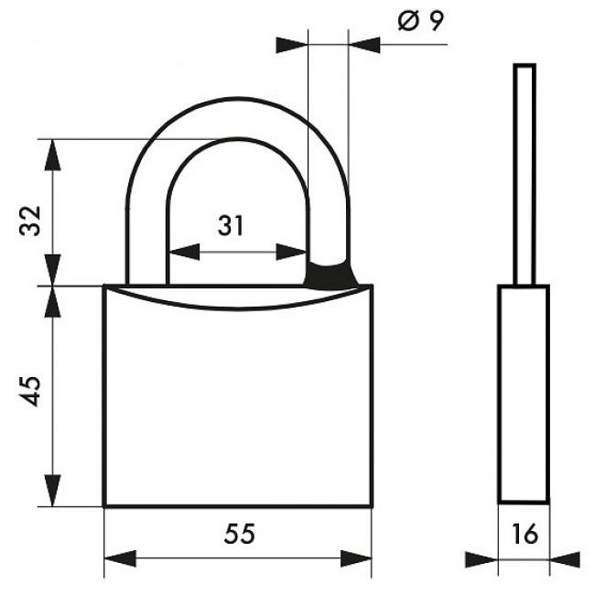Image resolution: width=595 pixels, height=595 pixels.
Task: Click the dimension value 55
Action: pyautogui.click(x=240, y=534)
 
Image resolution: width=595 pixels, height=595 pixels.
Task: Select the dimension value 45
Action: pyautogui.click(x=30, y=392)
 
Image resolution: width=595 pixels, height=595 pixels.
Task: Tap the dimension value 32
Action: pyautogui.click(x=30, y=221)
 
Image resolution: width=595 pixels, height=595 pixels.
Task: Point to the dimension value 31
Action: pyautogui.click(x=231, y=226)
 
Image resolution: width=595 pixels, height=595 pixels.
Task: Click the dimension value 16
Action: pyautogui.click(x=525, y=534)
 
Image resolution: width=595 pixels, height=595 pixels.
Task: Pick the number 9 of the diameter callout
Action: pyautogui.click(x=437, y=20)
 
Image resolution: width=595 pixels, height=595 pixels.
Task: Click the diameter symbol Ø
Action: pyautogui.click(x=408, y=21)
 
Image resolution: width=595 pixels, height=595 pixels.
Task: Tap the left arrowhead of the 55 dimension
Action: pyautogui.click(x=120, y=558)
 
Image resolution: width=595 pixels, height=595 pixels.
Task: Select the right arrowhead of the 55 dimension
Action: pyautogui.click(x=356, y=558)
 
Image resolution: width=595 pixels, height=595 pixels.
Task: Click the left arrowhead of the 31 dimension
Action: pyautogui.click(x=184, y=252)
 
